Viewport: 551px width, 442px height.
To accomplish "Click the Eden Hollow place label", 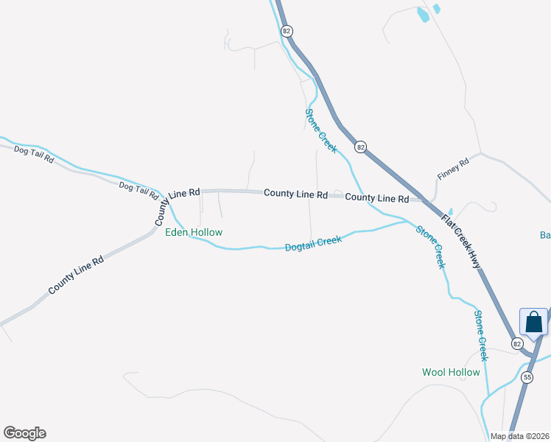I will (x=193, y=232).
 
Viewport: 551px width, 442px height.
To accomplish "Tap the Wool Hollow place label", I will (x=451, y=372).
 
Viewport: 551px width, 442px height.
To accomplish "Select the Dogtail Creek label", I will (x=313, y=243).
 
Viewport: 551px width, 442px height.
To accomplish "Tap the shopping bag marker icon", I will (x=533, y=322).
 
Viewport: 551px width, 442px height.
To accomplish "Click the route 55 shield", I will (x=527, y=377).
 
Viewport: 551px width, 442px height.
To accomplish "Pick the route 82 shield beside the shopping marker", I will (x=516, y=343).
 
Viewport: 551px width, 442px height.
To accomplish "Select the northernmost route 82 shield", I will (x=287, y=31).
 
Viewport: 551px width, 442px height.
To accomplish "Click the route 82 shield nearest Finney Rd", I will (x=359, y=147).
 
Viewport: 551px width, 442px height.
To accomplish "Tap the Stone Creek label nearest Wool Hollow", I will (x=480, y=335).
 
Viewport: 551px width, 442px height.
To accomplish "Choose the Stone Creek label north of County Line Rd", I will (x=320, y=130).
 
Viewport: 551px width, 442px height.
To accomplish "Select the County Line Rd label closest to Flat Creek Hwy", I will (x=376, y=198).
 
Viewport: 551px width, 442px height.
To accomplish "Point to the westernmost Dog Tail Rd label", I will (x=34, y=154).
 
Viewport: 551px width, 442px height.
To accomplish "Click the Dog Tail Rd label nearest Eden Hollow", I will (x=138, y=190).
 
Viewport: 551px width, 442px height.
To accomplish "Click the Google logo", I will (x=24, y=433).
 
